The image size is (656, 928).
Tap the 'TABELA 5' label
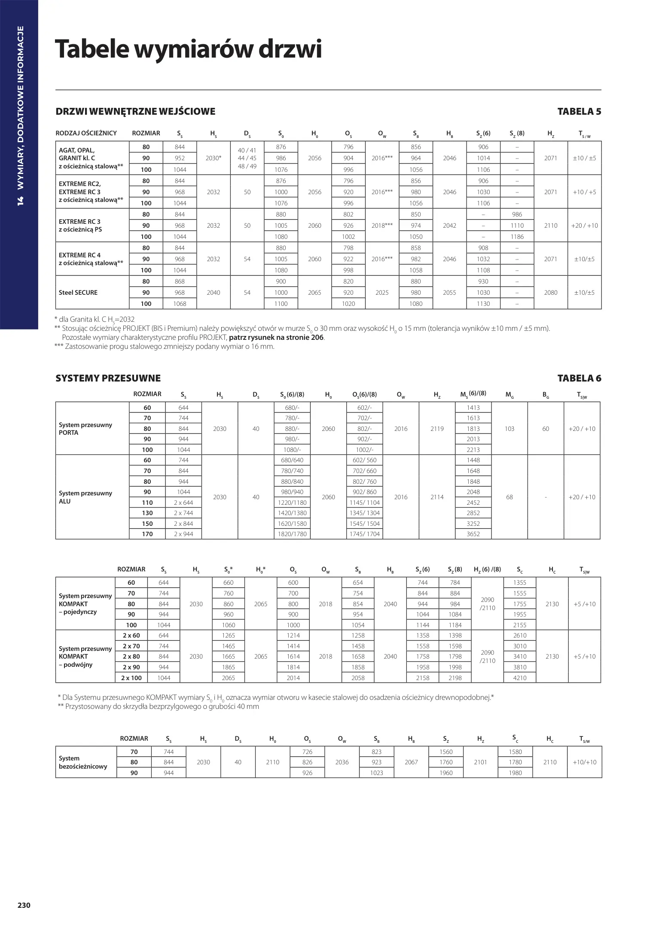tap(579, 112)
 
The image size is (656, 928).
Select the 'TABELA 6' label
tap(579, 379)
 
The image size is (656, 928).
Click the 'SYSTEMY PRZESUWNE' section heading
tap(108, 379)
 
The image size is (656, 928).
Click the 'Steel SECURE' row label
tap(78, 293)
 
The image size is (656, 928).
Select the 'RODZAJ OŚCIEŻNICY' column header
tap(86, 133)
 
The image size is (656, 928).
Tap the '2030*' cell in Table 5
tap(214, 158)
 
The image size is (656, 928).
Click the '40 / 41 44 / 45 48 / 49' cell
tap(247, 158)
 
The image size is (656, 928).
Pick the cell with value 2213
tap(473, 450)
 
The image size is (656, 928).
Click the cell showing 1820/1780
tap(292, 534)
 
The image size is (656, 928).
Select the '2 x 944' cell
tap(183, 534)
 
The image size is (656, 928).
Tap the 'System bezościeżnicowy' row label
tap(83, 762)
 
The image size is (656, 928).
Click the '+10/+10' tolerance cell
tap(584, 762)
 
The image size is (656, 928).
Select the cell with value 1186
tap(517, 237)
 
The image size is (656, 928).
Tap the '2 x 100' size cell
tap(131, 678)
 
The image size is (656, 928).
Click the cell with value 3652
tap(473, 534)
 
